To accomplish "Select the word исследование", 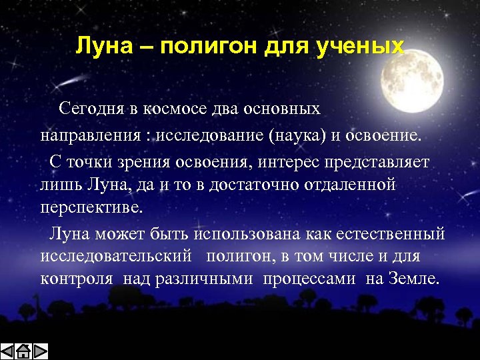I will pos(210,136).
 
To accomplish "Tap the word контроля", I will pos(75,279).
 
